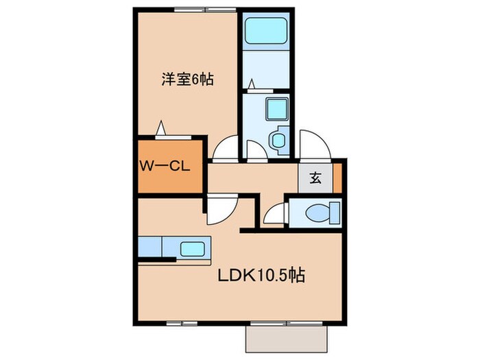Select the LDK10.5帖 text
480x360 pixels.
(261, 276)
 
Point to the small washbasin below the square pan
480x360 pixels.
(278, 141)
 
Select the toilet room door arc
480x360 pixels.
(274, 215)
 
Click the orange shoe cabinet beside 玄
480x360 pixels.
(337, 178)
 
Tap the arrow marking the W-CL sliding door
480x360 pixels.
(160, 128)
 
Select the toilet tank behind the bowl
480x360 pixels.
(335, 213)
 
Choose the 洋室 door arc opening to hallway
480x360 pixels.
(226, 146)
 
